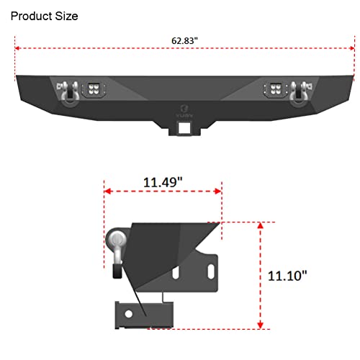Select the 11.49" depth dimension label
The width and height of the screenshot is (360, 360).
pos(163,183)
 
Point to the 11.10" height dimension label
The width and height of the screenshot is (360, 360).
pos(287,275)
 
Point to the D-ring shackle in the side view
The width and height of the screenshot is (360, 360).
pos(117,248)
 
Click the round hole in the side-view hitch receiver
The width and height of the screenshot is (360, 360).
pos(127,314)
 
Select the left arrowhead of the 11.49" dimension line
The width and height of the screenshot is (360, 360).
pos(108,192)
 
